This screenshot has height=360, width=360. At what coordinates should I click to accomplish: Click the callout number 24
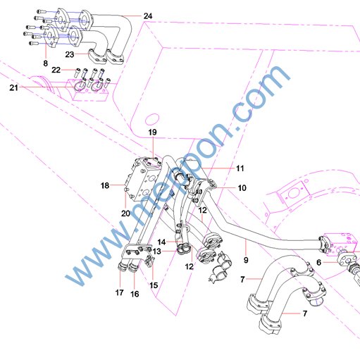coord(148,16)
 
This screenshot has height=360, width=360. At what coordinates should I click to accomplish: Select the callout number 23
coord(70,54)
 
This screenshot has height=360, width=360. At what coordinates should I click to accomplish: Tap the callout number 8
coord(45,63)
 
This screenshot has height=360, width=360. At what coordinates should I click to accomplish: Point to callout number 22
coord(56,70)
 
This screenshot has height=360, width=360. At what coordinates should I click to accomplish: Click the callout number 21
coord(13,87)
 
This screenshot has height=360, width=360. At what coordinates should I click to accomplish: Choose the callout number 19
coord(152,132)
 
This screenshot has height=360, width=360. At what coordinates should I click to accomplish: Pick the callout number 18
coord(105,186)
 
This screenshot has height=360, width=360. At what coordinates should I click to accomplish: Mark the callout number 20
coord(125,213)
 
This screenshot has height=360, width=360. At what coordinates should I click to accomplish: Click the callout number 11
coord(240,168)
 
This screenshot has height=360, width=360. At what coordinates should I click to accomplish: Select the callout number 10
coord(242,188)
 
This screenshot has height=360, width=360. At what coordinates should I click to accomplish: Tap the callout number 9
coord(246,260)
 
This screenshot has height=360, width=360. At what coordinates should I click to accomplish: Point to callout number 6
coord(318,262)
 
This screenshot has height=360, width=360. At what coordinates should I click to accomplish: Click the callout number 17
coord(119,292)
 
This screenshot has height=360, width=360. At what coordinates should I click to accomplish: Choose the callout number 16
coord(135,294)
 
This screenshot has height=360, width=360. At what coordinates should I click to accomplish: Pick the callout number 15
coord(154,285)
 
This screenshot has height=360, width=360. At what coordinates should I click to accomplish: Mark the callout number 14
coord(161,242)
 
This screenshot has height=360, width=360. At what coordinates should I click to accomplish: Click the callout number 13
coord(156,252)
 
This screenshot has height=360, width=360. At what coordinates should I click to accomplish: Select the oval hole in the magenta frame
coord(152,119)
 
